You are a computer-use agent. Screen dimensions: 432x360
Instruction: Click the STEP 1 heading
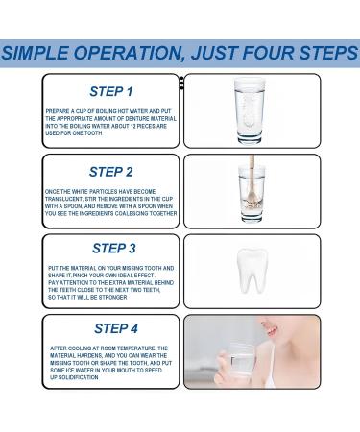(109, 92)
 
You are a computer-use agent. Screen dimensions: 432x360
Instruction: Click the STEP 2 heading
(109, 172)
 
